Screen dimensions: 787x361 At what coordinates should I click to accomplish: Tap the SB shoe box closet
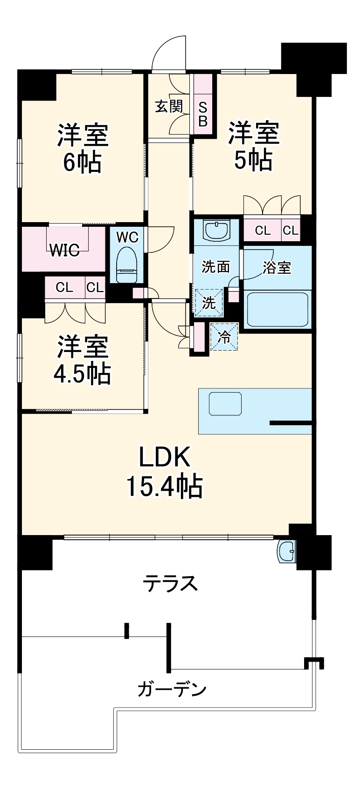point(203,114)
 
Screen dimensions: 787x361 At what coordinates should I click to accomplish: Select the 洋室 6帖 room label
point(83,148)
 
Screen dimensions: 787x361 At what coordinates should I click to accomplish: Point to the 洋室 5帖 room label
point(253,146)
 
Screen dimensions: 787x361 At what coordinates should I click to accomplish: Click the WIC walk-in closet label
point(64,250)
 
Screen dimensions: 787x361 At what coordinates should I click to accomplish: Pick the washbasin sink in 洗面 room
point(216,230)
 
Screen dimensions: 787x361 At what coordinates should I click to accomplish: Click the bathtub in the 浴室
point(278,309)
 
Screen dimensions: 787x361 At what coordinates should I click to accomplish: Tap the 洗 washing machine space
point(208,303)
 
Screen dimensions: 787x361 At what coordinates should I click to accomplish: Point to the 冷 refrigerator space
point(224,337)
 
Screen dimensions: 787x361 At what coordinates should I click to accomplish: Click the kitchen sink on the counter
point(226,404)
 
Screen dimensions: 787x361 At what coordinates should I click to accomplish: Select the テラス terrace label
point(171,583)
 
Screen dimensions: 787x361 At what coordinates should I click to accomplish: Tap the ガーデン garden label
point(172,688)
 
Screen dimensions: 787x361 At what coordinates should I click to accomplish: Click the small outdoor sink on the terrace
point(286,552)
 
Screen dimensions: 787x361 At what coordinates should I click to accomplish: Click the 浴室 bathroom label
point(277,268)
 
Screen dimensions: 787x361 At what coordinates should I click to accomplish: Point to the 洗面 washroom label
point(215,267)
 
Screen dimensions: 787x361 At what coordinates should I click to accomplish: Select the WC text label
point(127,237)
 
